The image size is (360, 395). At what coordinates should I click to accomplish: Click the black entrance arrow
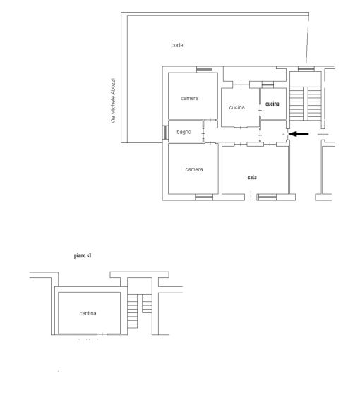pos(299,134)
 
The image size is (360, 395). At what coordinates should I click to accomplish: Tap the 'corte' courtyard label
pos(177,45)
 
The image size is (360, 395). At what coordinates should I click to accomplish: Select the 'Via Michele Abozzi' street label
pos(113,101)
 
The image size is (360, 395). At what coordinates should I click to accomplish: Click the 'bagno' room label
pos(184,132)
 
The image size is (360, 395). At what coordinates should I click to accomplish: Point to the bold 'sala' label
pos(252,177)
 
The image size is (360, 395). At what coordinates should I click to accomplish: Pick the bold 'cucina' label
pos(272,104)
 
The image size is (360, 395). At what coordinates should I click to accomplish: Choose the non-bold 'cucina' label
pos(236,107)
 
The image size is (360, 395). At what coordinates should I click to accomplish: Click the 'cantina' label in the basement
pos(88,313)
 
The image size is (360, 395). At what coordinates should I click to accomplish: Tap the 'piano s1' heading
pos(83,255)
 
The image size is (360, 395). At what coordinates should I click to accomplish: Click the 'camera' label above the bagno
pos(190,98)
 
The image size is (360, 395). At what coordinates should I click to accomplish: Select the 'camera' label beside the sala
pos(194,169)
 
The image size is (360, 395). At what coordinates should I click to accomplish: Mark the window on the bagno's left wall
pos(165,133)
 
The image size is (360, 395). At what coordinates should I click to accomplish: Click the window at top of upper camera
pos(204,70)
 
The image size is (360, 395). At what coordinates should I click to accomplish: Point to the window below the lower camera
pos(204,197)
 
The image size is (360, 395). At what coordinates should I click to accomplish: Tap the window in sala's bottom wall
pos(268,197)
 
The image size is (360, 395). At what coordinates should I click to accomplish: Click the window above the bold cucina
pos(268,85)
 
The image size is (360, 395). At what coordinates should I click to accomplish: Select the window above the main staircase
pos(306,69)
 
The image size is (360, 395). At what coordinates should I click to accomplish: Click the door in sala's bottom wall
pos(251,197)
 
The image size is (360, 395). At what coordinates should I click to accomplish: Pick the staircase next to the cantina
pos(140,311)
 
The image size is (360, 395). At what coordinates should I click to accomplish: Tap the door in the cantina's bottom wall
pos(102,334)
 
